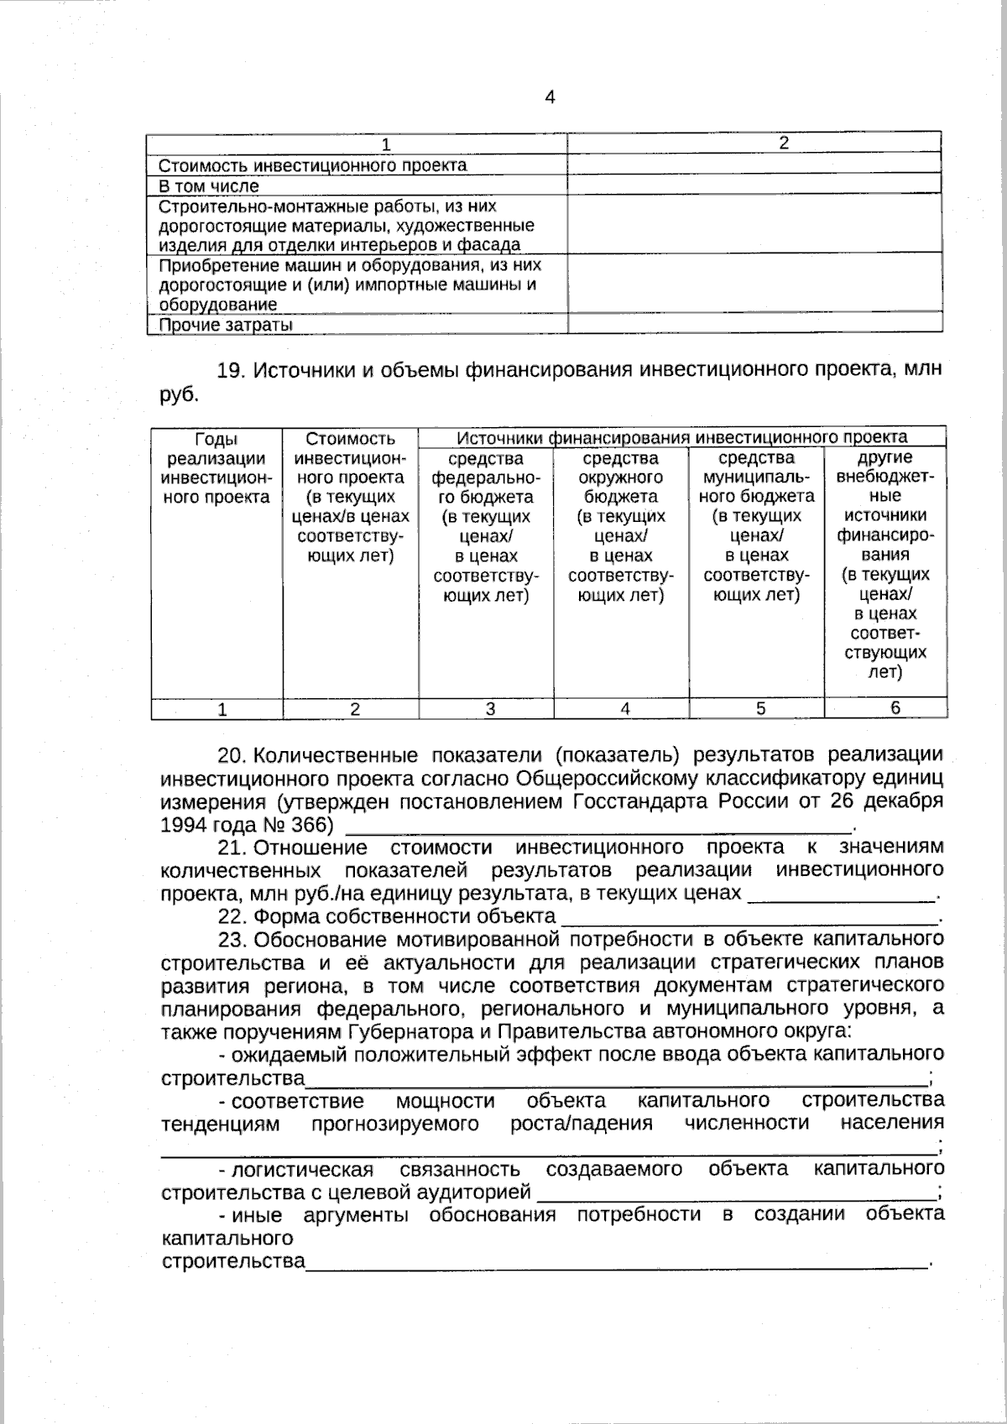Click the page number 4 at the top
(550, 97)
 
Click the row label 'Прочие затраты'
(226, 325)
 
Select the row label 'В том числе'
(209, 185)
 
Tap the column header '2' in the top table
(784, 143)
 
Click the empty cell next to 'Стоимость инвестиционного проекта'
(754, 164)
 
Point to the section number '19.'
(230, 370)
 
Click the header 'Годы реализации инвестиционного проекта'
(217, 467)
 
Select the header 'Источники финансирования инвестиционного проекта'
(681, 437)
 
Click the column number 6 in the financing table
(895, 708)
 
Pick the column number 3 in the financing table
(490, 709)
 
